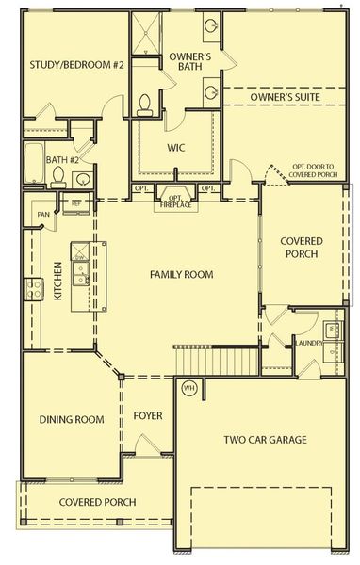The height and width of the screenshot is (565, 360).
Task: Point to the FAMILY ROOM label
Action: [181, 275]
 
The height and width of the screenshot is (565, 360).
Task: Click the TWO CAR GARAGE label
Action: [265, 439]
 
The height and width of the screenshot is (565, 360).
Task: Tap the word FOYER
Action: [148, 413]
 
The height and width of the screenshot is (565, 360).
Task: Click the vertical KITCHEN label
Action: [57, 281]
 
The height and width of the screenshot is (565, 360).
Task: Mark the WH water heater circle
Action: [188, 388]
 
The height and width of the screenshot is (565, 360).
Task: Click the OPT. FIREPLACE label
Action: [173, 199]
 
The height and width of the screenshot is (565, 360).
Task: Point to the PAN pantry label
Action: [43, 214]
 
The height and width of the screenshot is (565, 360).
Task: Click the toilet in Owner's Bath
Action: [146, 105]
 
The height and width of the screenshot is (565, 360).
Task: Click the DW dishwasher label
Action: [81, 258]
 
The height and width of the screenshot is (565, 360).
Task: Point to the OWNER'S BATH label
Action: [190, 62]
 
